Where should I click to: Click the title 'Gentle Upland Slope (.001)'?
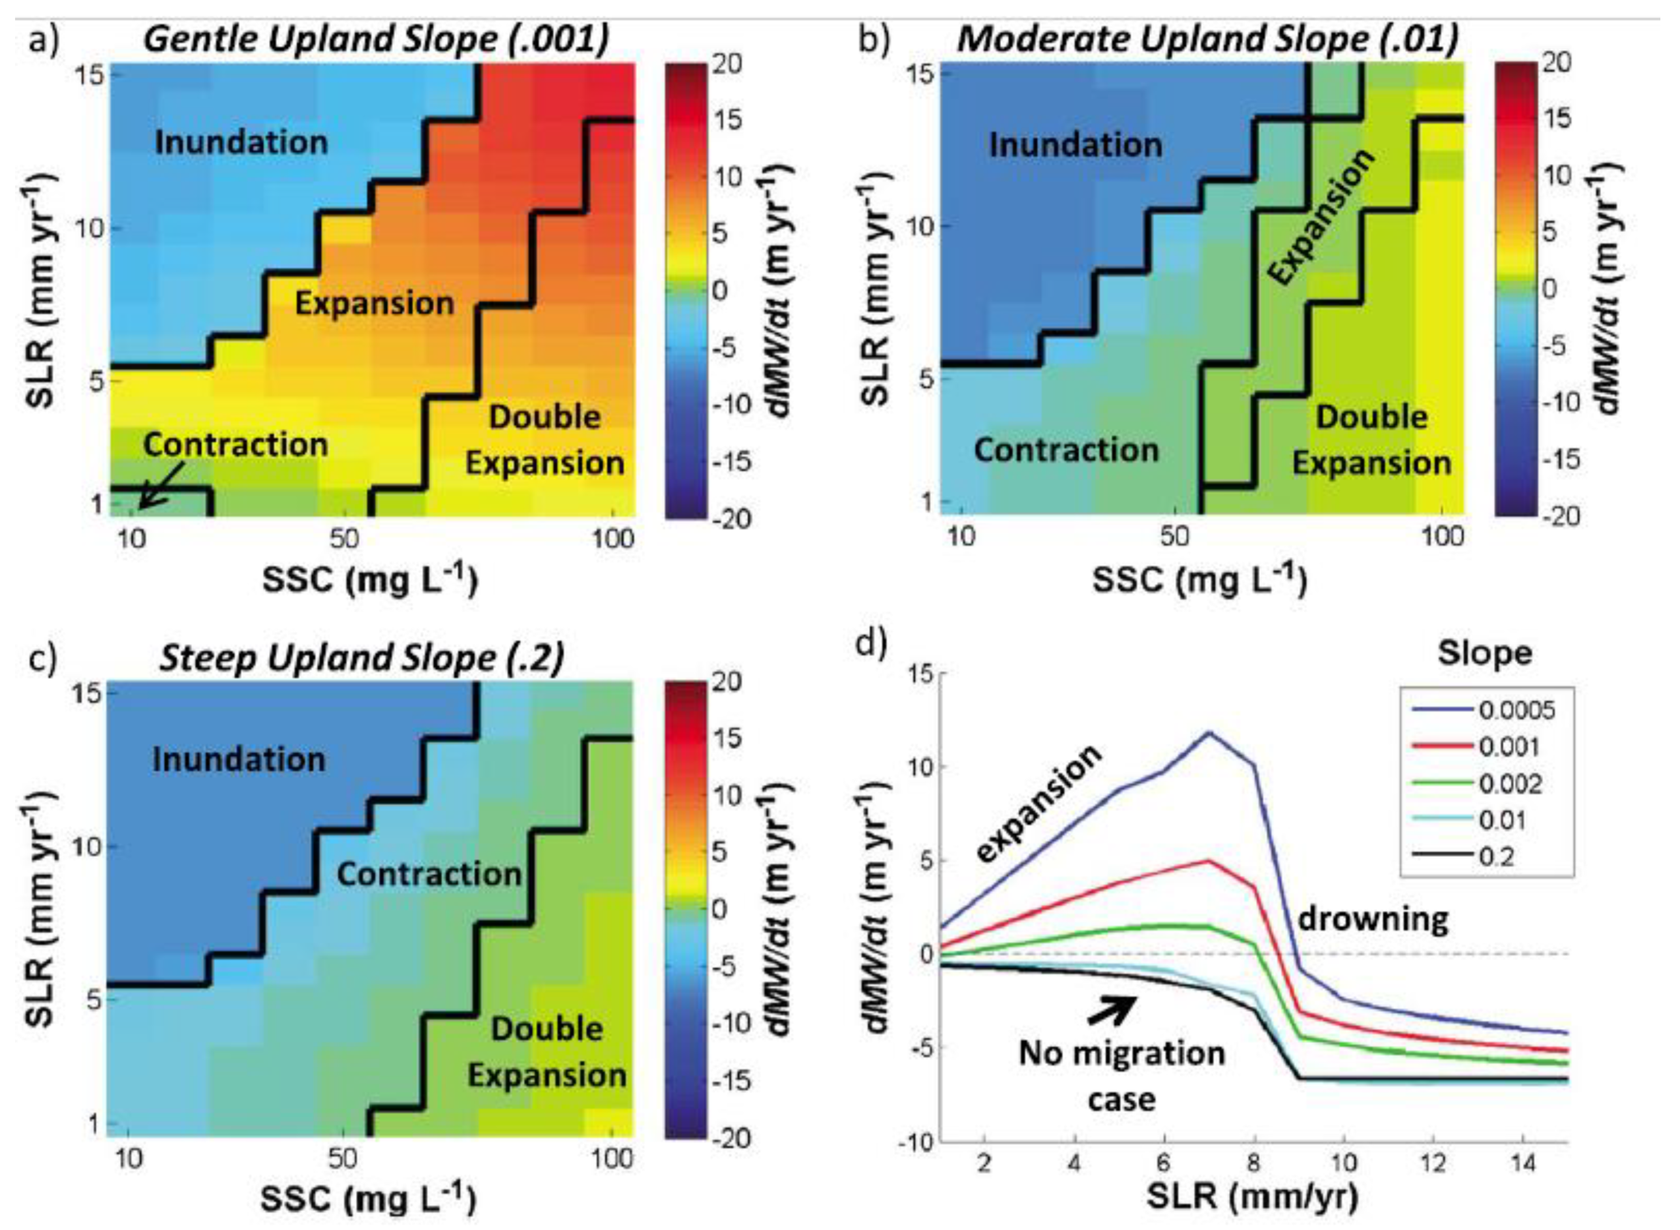[376, 39]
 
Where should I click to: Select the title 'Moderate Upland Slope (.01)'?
[1207, 39]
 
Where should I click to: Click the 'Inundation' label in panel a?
[241, 142]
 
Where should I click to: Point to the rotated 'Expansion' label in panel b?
[1321, 216]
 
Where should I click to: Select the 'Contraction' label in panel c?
[429, 874]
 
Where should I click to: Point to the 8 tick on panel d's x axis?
[1255, 1163]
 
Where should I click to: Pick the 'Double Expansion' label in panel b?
[1371, 439]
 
